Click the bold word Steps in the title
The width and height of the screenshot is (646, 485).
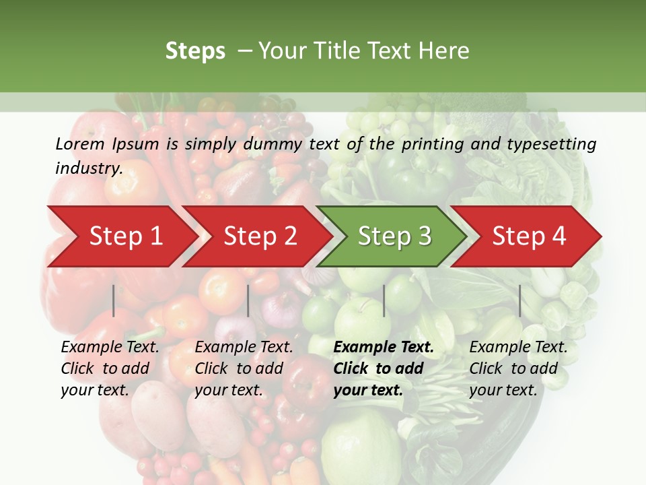195,51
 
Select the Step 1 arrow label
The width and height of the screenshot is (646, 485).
126,236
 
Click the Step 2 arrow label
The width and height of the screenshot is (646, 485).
260,236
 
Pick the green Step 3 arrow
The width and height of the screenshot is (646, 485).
394,236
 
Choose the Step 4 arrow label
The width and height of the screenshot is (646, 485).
529,236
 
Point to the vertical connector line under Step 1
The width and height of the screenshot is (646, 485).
114,300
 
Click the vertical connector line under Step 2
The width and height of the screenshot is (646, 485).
248,300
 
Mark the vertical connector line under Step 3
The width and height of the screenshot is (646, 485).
384,300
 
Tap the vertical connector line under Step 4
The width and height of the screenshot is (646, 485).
520,300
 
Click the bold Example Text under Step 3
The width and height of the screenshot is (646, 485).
384,348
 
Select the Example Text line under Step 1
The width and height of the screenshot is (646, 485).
110,348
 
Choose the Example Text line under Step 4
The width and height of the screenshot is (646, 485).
518,348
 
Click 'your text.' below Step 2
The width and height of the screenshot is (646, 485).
228,390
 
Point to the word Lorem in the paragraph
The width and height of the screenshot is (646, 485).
80,143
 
